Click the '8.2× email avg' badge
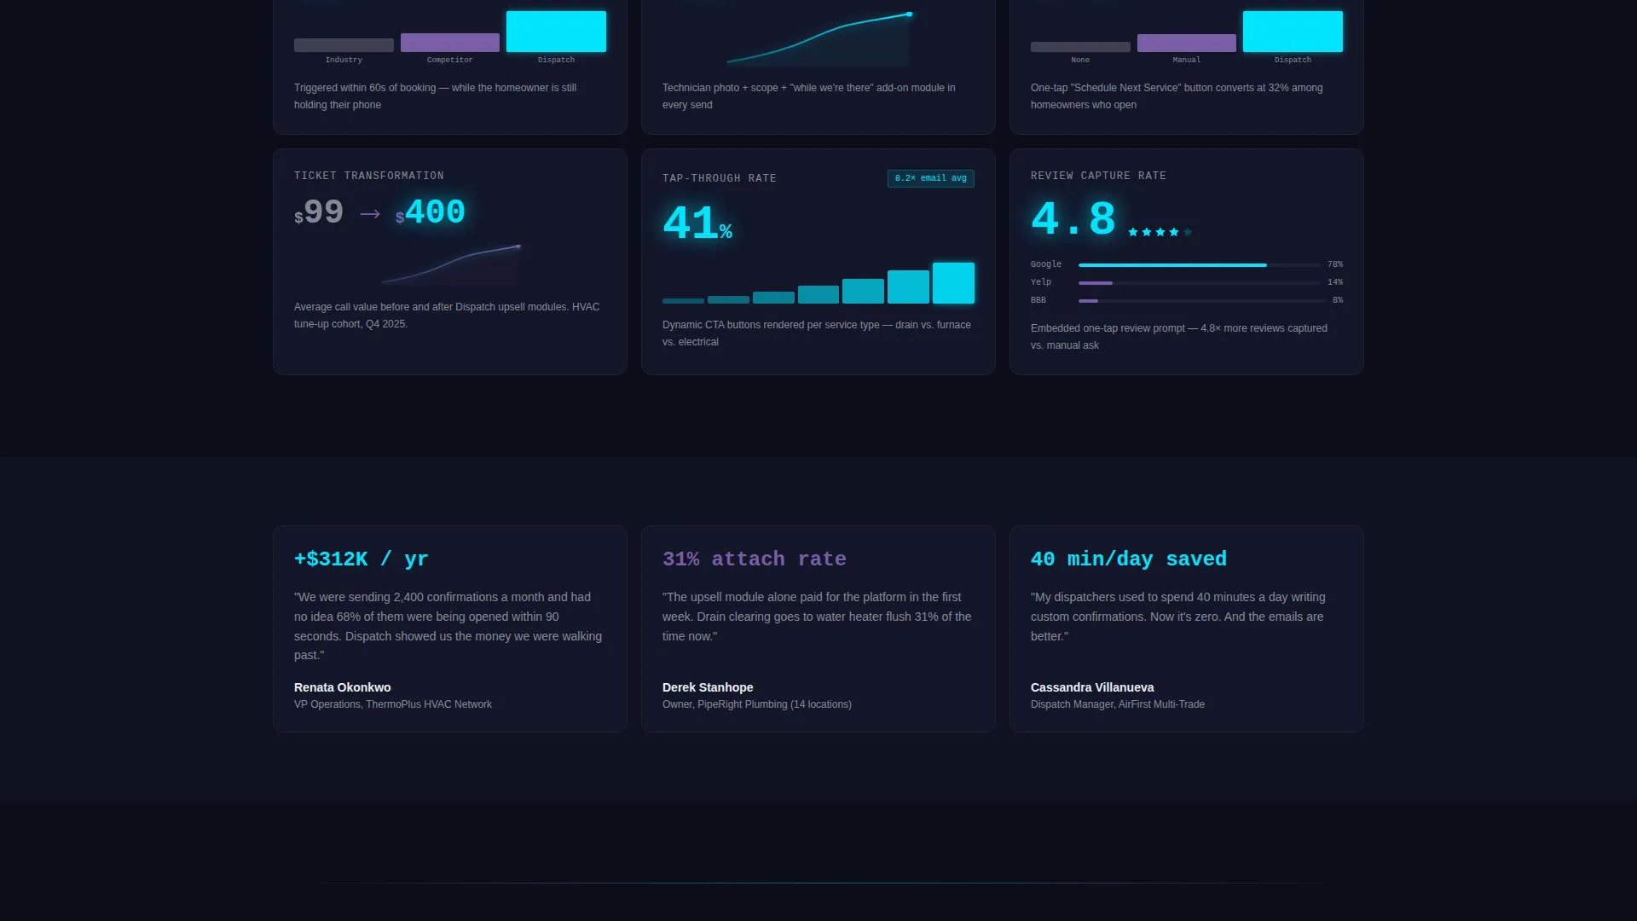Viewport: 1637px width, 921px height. coord(930,178)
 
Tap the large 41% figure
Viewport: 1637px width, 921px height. coord(697,223)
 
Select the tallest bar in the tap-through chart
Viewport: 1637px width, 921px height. coord(953,283)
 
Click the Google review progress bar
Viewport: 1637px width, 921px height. coord(1199,265)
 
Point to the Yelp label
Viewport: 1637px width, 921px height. coord(1041,282)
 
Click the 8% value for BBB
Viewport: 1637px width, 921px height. coord(1338,300)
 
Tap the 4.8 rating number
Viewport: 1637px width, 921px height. coord(1073,219)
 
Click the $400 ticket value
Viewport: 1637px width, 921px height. coord(431,212)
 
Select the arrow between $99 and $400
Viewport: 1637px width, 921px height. coord(370,214)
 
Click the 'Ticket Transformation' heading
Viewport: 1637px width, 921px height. coord(369,176)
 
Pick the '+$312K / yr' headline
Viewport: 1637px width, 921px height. coord(362,559)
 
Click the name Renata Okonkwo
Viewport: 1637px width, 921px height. coord(343,687)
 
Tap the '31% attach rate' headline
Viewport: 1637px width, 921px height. coord(755,559)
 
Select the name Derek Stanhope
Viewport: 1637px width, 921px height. coord(708,687)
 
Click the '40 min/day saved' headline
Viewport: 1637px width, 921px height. coord(1129,559)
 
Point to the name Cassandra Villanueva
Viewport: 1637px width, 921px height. coord(1092,687)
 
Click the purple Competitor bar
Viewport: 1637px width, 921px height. coord(450,43)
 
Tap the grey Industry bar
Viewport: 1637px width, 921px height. coord(344,45)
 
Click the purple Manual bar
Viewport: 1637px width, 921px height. coord(1187,43)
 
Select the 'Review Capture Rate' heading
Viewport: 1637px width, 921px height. coord(1098,176)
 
